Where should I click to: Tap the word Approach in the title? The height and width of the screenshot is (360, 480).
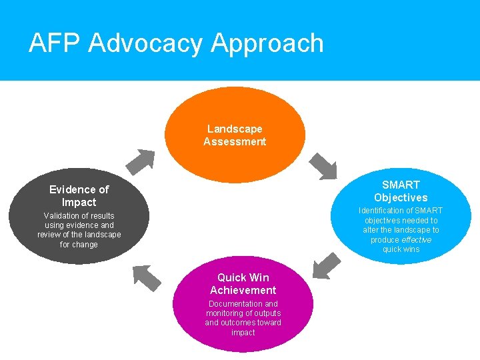[x=267, y=43]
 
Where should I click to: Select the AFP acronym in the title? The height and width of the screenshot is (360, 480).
[x=55, y=43]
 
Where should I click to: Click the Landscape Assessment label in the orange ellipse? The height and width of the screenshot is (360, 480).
[x=235, y=135]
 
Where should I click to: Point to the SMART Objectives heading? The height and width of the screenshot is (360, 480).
[x=401, y=191]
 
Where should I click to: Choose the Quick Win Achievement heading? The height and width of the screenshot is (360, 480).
[x=243, y=283]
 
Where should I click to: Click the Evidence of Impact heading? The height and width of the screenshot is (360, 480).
[x=79, y=195]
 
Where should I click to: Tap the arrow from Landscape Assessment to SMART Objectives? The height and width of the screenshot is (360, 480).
[x=323, y=166]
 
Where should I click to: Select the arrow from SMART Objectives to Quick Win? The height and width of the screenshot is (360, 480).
[x=326, y=265]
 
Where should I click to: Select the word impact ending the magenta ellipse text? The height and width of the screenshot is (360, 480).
[x=243, y=333]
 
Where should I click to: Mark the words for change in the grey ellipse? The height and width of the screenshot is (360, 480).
[x=79, y=245]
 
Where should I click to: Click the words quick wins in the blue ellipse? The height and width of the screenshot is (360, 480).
[x=401, y=249]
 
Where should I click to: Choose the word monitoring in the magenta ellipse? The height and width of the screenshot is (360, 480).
[x=225, y=313]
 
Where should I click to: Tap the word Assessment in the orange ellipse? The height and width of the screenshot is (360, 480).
[x=235, y=141]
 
